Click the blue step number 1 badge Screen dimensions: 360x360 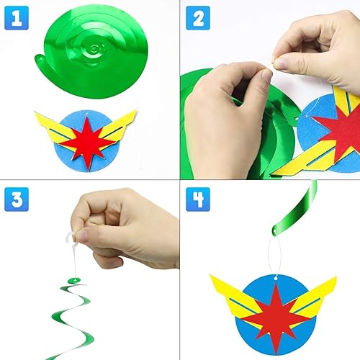(17, 18)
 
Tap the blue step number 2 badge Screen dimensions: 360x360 (198, 18)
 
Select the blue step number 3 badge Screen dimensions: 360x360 (17, 199)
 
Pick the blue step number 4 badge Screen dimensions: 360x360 (198, 199)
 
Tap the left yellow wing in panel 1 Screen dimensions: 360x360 (54, 130)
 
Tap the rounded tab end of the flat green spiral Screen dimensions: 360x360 (40, 59)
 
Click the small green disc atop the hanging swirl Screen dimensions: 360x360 (74, 280)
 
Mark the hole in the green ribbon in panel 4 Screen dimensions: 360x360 (274, 231)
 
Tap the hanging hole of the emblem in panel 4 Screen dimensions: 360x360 (276, 279)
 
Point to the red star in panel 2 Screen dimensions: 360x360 (341, 132)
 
